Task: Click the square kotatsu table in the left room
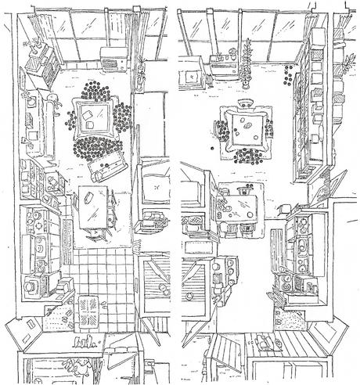click(x=93, y=117)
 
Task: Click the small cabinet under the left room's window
click(x=111, y=57)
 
